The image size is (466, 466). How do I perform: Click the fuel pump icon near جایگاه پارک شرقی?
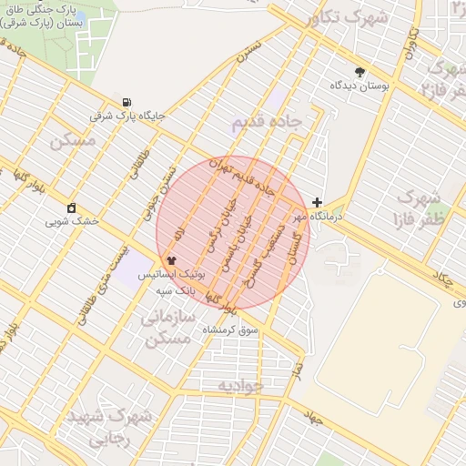pyautogui.click(x=126, y=102)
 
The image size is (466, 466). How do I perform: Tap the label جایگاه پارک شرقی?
pyautogui.click(x=127, y=116)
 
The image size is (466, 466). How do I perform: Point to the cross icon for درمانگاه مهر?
pyautogui.click(x=317, y=202)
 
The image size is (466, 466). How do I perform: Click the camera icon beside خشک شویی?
pyautogui.click(x=72, y=208)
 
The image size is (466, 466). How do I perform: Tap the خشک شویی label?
pyautogui.click(x=72, y=221)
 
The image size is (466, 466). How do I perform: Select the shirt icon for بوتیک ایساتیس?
pyautogui.click(x=172, y=261)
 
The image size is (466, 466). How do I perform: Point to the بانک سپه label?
pyautogui.click(x=176, y=289)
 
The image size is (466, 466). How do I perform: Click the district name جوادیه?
pyautogui.click(x=239, y=386)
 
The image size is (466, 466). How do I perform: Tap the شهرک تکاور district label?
pyautogui.click(x=347, y=17)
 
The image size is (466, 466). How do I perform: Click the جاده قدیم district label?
pyautogui.click(x=265, y=126)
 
